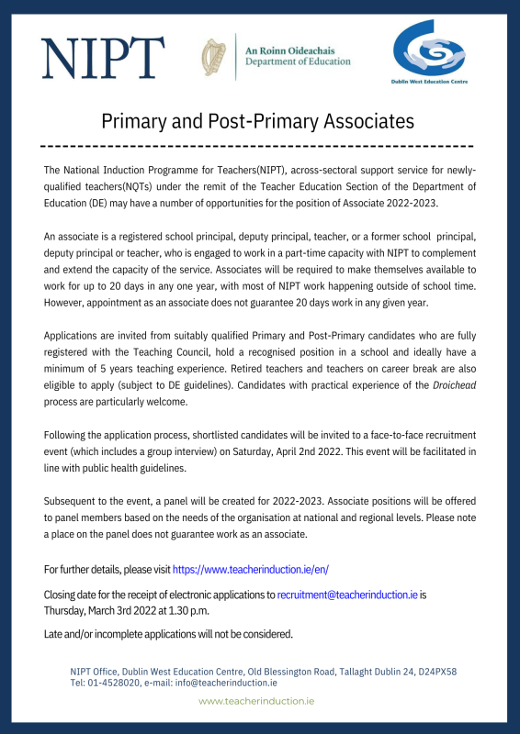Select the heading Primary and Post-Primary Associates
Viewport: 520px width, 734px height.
pos(258,121)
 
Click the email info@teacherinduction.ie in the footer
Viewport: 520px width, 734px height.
pos(231,683)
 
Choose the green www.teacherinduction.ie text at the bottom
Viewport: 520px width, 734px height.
pos(257,700)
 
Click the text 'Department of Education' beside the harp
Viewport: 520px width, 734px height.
pos(298,62)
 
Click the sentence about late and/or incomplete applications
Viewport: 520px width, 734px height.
pos(168,634)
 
